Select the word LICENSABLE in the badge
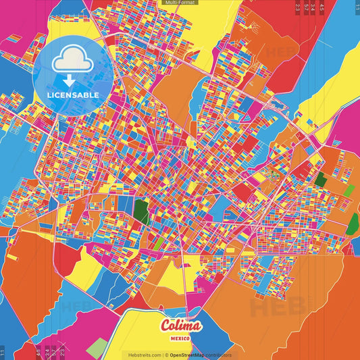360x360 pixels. pyautogui.click(x=73, y=95)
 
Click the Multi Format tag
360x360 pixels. pyautogui.click(x=180, y=3)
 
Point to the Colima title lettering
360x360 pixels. pyautogui.click(x=181, y=326)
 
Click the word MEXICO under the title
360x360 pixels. pyautogui.click(x=181, y=337)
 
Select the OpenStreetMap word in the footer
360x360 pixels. pyautogui.click(x=188, y=355)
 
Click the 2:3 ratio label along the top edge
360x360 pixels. pyautogui.click(x=298, y=8)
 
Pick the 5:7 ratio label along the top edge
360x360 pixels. pyautogui.click(x=307, y=8)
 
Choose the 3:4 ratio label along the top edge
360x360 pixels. pyautogui.click(x=313, y=8)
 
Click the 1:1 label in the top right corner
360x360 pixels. pyautogui.click(x=356, y=8)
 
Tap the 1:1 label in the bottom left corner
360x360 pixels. pyautogui.click(x=3, y=352)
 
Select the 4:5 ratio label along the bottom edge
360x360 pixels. pyautogui.click(x=38, y=352)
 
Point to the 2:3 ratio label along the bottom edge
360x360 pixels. pyautogui.click(x=62, y=352)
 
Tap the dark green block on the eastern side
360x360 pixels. pyautogui.click(x=320, y=180)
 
